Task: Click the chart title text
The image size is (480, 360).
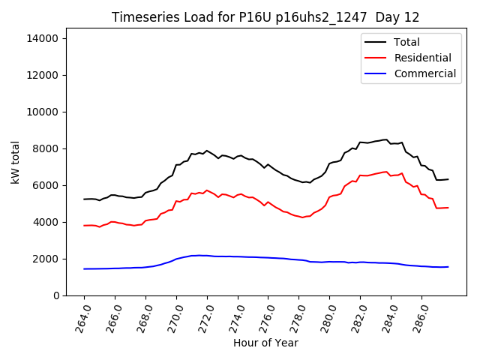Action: (x=265, y=17)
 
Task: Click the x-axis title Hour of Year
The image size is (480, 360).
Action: (x=265, y=343)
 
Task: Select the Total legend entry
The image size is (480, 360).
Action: (x=406, y=42)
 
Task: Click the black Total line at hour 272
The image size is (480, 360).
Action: (x=207, y=151)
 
